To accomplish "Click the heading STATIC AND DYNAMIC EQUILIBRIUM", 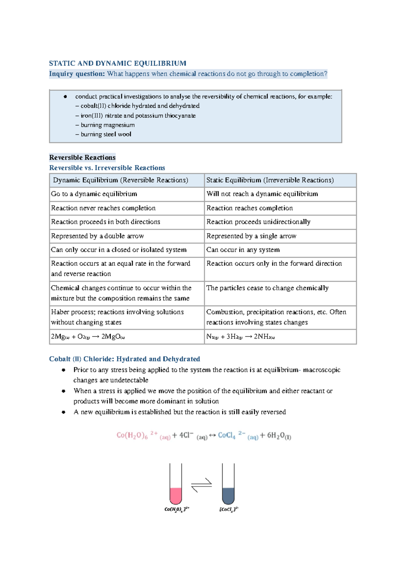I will tap(117, 63).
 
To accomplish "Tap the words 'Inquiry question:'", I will tap(77, 74).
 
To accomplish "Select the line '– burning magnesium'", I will tap(105, 125).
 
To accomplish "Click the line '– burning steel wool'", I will tap(103, 134).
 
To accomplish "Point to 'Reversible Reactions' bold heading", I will tap(82, 157).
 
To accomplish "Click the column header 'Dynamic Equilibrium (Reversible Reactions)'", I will tap(120, 180).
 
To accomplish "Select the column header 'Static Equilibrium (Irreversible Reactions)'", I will tap(270, 180).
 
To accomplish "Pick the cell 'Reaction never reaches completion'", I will tap(103, 208).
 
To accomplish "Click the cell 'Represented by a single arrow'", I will tap(251, 236).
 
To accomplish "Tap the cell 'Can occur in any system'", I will tap(243, 250).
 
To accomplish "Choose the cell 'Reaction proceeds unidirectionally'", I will tap(258, 222).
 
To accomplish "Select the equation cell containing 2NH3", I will tap(241, 337).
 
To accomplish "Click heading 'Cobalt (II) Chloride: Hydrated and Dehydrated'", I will tap(125, 359).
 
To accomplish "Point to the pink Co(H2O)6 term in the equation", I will tap(132, 435).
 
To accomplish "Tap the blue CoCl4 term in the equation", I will tap(227, 435).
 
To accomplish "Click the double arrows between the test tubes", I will tap(202, 485).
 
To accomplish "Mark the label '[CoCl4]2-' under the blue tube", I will tap(229, 509).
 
